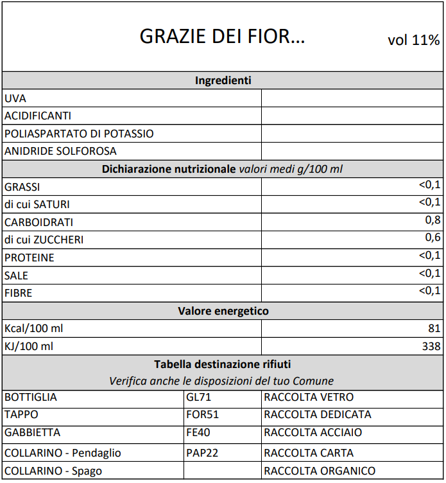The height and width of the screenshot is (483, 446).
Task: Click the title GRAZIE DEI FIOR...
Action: pos(222,37)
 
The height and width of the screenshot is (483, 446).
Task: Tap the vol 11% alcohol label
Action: pos(413,40)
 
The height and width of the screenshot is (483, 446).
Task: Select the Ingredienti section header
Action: pos(223,80)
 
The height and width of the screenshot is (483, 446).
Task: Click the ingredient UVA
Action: pos(15,98)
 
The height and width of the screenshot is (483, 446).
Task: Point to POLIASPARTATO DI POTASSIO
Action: pos(79,134)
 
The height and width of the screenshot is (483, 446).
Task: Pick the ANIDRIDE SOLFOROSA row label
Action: pos(60,152)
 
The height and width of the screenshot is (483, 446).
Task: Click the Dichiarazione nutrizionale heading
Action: pos(223,170)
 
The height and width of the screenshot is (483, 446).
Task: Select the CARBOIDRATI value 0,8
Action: pos(433,221)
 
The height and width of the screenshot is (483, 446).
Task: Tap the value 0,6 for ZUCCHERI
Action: pos(433,238)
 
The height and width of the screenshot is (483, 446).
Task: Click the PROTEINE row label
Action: pos(29,258)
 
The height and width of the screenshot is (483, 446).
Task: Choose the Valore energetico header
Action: pos(223,311)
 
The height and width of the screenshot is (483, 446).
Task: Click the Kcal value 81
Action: pos(434,328)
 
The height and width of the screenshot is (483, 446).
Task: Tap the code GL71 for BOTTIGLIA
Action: pos(198,397)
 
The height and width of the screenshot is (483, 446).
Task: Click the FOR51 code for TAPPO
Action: pos(202,415)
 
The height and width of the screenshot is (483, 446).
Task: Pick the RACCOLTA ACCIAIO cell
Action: pos(313,432)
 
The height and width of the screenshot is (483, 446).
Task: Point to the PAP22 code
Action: pos(202,453)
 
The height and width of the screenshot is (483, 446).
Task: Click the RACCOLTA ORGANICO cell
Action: pos(319,471)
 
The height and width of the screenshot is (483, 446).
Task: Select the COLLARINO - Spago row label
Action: pos(53,471)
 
